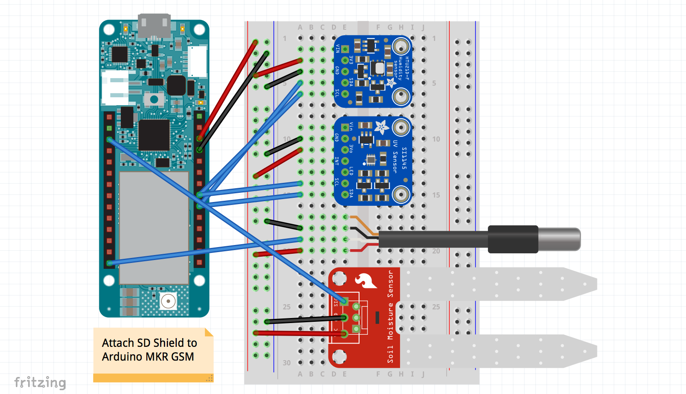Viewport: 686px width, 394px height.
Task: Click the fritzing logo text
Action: [40, 382]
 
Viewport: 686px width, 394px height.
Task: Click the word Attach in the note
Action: [118, 343]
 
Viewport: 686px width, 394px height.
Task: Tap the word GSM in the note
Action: [182, 357]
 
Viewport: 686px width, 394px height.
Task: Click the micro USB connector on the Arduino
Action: [154, 26]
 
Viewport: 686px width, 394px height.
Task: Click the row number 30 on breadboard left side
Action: [286, 363]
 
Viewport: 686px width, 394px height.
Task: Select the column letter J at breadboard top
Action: [423, 28]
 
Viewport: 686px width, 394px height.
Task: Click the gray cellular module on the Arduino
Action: [154, 227]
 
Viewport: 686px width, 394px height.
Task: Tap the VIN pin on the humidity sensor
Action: [345, 49]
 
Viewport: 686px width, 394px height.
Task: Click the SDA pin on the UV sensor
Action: [345, 194]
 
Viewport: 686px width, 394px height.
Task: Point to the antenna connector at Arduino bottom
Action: [168, 301]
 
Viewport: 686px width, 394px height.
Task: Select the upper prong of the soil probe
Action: [497, 284]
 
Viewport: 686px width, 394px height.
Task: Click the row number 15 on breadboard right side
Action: [436, 195]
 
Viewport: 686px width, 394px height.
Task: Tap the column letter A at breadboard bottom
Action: [300, 374]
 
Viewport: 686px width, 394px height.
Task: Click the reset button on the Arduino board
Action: [154, 99]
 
